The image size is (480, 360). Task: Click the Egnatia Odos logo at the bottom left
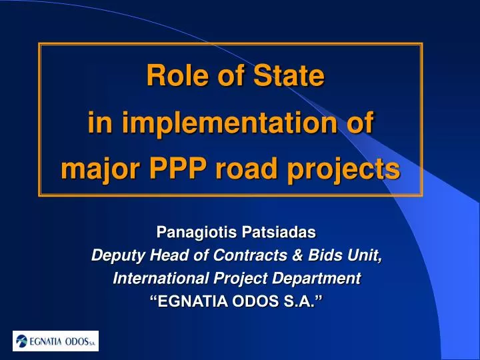[x=56, y=341]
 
